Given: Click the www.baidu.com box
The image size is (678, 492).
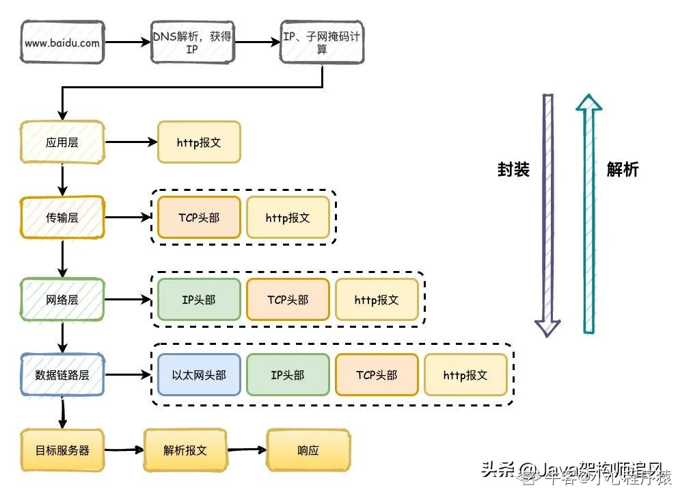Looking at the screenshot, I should coord(62,42).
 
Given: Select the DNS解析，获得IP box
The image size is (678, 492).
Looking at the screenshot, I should coord(192,42).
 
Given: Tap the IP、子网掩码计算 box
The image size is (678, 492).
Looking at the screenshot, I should coord(321,42).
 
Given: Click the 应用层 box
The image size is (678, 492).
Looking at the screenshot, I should coord(62,143).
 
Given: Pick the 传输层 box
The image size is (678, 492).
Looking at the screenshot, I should coord(62,218).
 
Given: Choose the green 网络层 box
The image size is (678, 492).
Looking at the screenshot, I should coord(62,299).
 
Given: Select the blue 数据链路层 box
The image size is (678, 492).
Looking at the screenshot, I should coord(62,375).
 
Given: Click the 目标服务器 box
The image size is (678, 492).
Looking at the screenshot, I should coord(62,450).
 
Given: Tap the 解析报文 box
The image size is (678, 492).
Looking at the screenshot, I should coord(185,450).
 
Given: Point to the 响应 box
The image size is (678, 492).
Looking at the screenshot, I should coord(308,450).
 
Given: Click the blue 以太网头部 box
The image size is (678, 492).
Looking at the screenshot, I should coord(199,375).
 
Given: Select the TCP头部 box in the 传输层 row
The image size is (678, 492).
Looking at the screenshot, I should coord(199,218).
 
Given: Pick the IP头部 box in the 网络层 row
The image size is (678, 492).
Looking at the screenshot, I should coord(199,299).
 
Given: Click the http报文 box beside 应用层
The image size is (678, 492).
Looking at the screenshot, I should coord(199,143).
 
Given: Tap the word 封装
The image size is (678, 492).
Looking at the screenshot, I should coord(513,170).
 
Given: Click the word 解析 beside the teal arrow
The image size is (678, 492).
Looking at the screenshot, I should coord(623,170).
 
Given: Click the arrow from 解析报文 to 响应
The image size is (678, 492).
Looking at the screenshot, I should coord(247,450).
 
